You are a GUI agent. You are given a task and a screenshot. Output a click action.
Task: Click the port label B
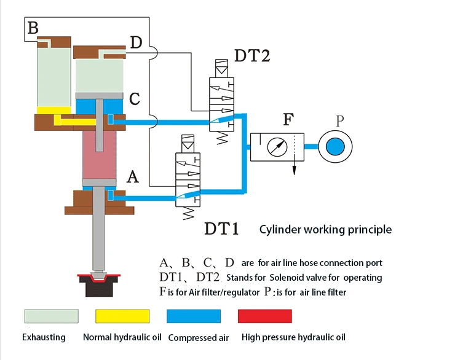(33, 28)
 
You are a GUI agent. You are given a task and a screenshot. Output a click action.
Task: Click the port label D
(136, 42)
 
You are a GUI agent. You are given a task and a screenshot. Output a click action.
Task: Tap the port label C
(135, 99)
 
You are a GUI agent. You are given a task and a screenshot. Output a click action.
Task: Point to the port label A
(132, 178)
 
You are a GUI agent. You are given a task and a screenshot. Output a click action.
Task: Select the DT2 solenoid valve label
(252, 56)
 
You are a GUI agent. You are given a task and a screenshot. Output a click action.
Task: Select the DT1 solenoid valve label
(221, 229)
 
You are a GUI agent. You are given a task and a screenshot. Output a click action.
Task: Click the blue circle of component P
(336, 147)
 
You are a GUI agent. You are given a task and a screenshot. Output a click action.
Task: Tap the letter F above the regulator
(287, 119)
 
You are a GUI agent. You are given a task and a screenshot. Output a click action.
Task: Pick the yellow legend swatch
(122, 316)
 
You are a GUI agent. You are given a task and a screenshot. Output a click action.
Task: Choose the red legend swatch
(264, 316)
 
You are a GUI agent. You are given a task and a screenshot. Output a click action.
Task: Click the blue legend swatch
(194, 316)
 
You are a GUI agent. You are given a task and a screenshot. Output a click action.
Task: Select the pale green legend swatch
(51, 316)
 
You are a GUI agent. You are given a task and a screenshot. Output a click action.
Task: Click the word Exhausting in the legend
(44, 337)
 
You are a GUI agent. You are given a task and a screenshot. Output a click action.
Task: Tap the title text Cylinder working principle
(325, 230)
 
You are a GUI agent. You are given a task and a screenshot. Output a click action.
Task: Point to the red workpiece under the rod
(98, 278)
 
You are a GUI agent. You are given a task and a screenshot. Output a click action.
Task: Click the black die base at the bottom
(98, 289)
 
